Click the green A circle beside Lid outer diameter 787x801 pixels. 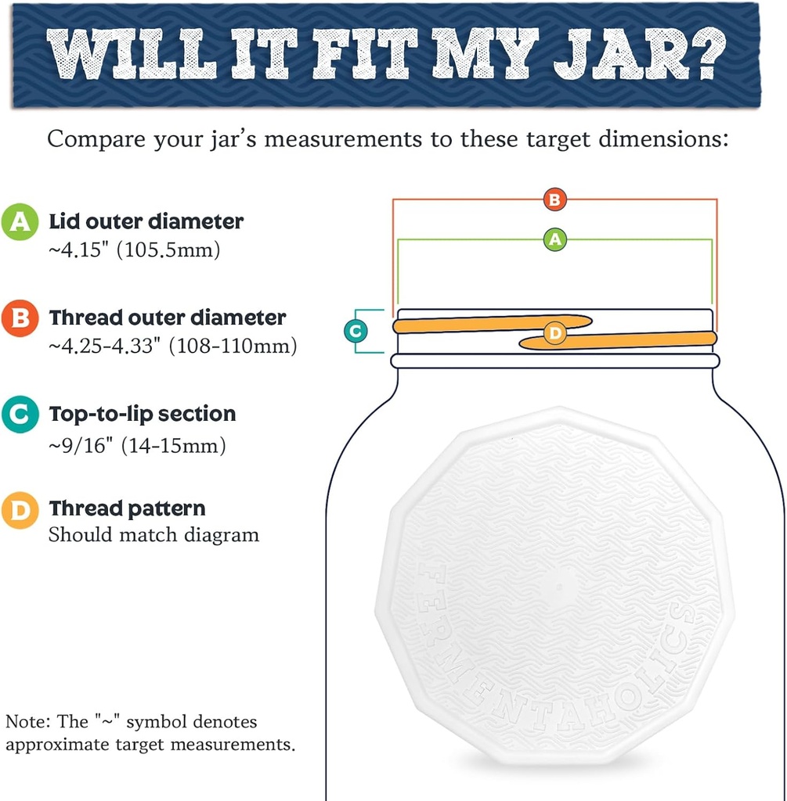(x=20, y=222)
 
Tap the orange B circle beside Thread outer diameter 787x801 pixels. (x=20, y=319)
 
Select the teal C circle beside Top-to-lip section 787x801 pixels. (x=20, y=415)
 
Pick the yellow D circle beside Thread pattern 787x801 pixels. (x=20, y=510)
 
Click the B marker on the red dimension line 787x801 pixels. (x=554, y=199)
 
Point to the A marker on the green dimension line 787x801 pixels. (x=554, y=239)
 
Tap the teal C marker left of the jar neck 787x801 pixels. (x=356, y=332)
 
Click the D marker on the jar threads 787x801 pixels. (x=554, y=333)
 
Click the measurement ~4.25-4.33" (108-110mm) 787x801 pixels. (x=172, y=347)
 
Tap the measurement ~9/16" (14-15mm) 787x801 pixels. (x=137, y=445)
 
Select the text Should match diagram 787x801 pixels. (x=153, y=536)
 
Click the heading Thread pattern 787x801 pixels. (x=127, y=508)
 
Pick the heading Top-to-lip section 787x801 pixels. (x=142, y=413)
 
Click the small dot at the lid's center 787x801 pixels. (x=557, y=584)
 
